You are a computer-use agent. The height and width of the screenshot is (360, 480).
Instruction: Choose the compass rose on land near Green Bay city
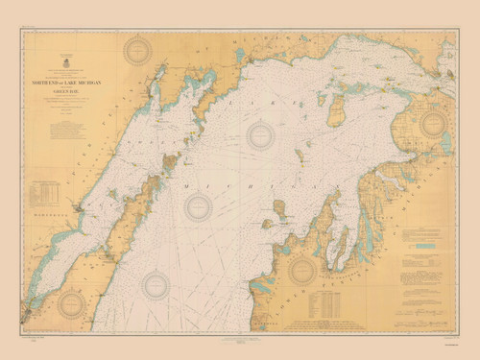tap(72, 304)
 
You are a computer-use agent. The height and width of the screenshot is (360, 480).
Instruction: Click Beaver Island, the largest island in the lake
tap(337, 109)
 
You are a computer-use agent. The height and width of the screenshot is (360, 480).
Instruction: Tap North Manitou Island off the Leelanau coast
tap(279, 207)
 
